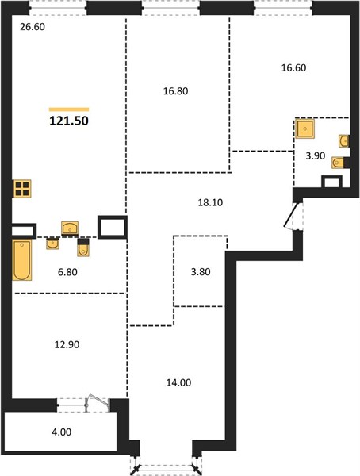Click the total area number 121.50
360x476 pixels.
click(69, 121)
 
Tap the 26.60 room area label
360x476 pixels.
click(33, 27)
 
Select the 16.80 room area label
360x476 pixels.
click(175, 90)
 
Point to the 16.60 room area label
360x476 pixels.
click(293, 67)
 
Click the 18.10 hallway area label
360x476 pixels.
click(210, 202)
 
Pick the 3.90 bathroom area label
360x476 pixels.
click(316, 156)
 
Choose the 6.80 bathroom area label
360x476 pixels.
click(67, 272)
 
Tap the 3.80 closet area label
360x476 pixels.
click(201, 271)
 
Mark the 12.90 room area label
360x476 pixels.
click(67, 345)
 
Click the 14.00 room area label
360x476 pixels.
click(178, 383)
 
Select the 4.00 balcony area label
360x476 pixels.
click(62, 432)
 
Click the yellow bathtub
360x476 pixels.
click(22, 260)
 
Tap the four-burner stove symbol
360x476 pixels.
click(22, 189)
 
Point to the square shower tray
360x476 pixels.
click(304, 129)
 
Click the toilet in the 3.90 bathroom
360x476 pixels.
click(339, 163)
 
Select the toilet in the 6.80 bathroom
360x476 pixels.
click(83, 248)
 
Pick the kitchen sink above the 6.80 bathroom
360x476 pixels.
click(70, 228)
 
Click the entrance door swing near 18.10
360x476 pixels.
click(291, 215)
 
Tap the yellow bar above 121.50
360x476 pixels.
click(69, 109)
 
